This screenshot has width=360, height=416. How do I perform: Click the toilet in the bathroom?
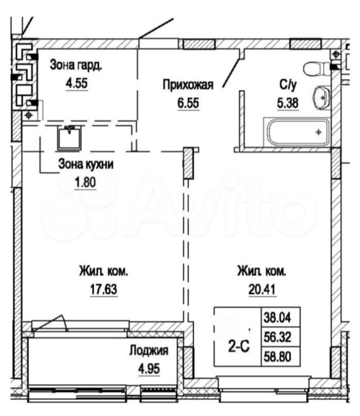317,69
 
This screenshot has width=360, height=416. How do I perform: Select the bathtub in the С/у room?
297,132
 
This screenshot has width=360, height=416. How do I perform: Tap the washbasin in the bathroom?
322,97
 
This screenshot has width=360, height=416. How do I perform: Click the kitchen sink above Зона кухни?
69,138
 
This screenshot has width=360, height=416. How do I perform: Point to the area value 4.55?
76,83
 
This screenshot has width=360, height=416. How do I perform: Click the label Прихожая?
188,85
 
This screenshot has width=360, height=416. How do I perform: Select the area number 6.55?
188,103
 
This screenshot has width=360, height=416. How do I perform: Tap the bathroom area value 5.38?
288,103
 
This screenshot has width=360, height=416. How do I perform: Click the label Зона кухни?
86,164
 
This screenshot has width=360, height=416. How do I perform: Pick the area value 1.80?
85,183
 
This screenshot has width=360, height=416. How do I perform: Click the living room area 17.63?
104,289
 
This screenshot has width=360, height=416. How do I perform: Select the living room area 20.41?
262,289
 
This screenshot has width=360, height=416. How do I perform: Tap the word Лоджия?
149,351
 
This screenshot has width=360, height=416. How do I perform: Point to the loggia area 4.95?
149,369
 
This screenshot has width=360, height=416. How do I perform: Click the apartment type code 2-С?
239,346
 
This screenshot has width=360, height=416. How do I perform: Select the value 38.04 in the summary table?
277,318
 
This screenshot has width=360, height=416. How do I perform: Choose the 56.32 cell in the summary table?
277,337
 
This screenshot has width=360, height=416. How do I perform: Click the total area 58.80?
277,357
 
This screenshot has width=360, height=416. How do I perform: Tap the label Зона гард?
76,65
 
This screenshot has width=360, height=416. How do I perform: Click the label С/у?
288,85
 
